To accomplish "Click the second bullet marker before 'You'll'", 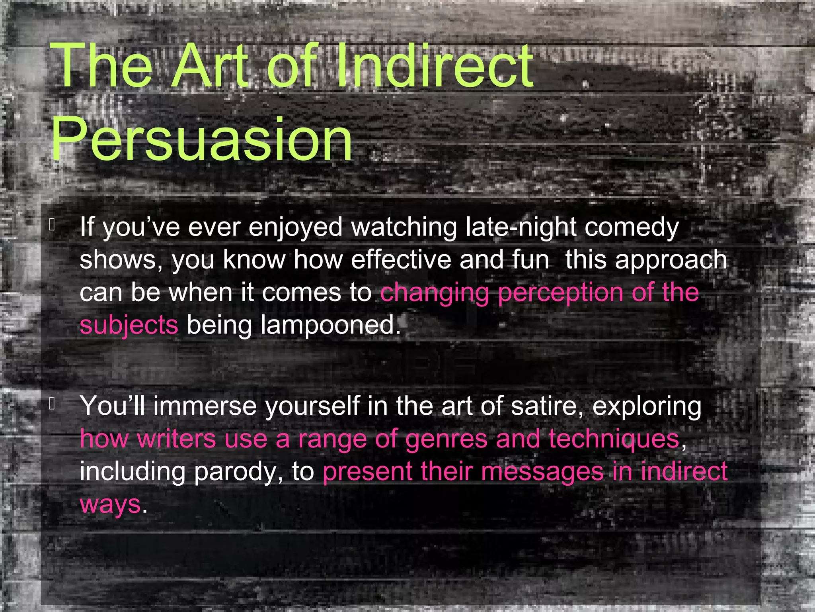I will point(52,404).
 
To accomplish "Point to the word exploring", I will point(647,407).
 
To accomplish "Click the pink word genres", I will point(446,439).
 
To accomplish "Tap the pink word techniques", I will point(614,439).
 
